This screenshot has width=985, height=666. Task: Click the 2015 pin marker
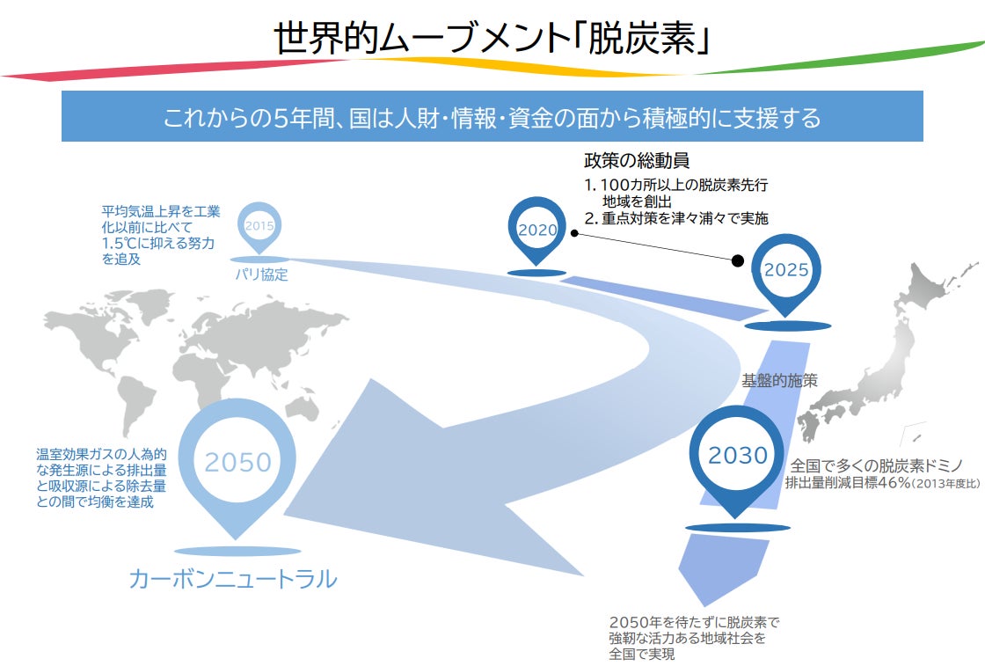point(259,227)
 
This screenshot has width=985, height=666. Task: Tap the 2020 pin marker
point(537,231)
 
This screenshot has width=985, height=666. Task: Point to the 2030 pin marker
point(738,456)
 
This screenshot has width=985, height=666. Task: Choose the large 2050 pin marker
point(237,461)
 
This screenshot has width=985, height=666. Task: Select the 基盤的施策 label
point(779,381)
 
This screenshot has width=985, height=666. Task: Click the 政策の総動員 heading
point(636,162)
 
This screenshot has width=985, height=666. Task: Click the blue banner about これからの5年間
point(492,116)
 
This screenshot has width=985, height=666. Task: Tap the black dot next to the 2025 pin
point(737,260)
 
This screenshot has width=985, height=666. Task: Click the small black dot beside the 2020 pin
point(573,233)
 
